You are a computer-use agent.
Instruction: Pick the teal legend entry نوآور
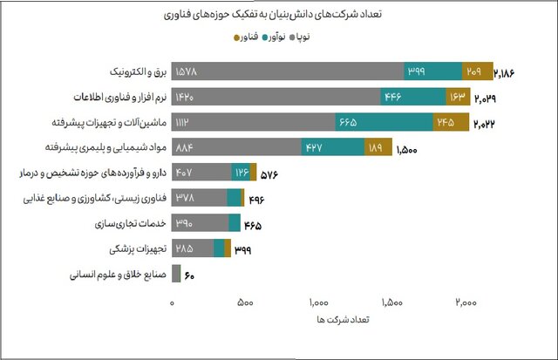click(x=290, y=37)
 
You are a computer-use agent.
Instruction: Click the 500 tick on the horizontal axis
click(x=245, y=302)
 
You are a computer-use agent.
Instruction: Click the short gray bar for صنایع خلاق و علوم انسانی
click(x=176, y=275)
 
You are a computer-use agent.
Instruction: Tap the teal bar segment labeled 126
click(x=241, y=173)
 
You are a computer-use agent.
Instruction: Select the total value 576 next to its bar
click(x=269, y=174)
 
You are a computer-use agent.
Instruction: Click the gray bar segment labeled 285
click(x=193, y=249)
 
